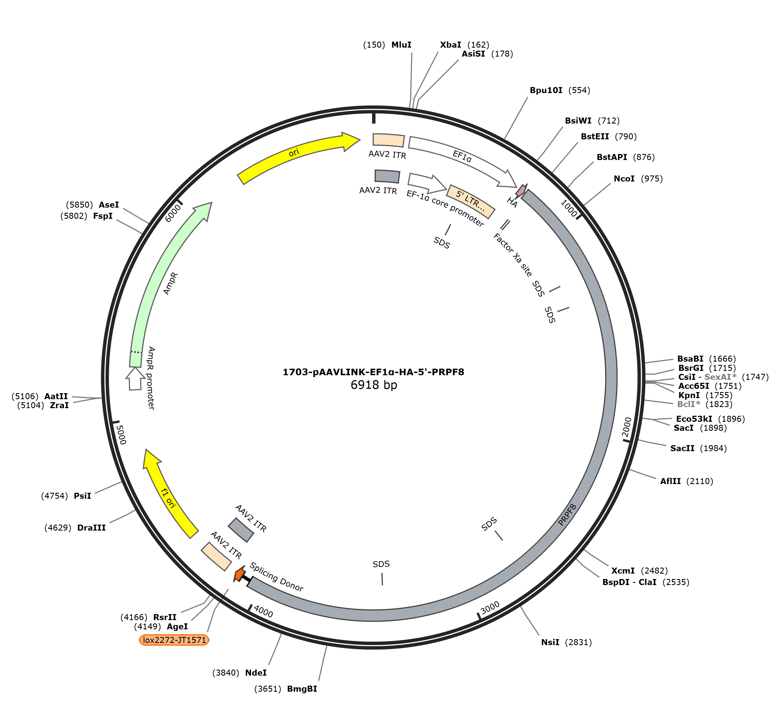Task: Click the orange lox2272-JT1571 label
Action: tap(174, 640)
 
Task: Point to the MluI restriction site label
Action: tap(402, 45)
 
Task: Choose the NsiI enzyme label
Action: tap(550, 642)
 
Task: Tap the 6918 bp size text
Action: tap(374, 385)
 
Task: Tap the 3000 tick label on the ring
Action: tap(490, 608)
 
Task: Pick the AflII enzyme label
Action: tap(671, 481)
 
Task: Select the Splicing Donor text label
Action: tap(276, 577)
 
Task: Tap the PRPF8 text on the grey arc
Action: tap(567, 515)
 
